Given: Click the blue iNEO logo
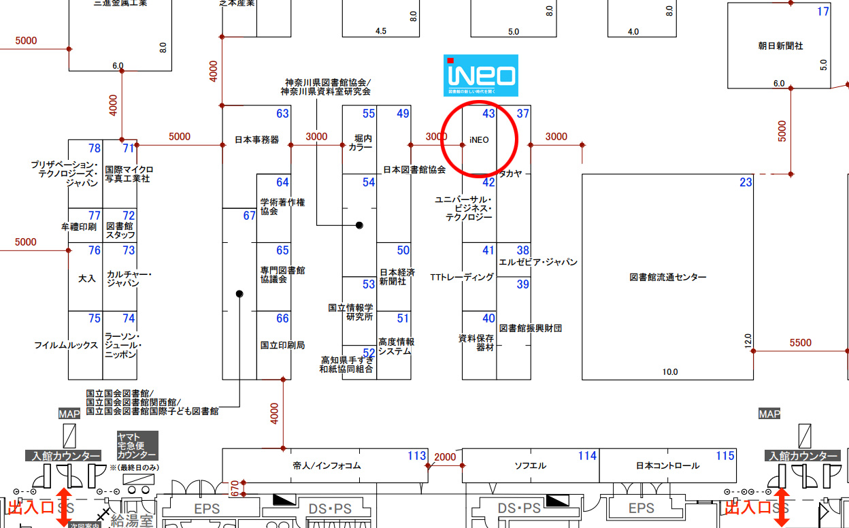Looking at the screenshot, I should coord(481,75).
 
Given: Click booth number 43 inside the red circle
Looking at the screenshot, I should coord(488,114).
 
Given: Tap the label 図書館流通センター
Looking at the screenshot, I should coord(667,277).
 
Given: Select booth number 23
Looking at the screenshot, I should coord(746,182).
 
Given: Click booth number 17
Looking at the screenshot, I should coord(823,12).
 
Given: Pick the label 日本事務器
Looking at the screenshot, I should coord(256,140).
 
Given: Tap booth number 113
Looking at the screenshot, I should coord(416,456).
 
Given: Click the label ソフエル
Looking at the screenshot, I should coord(530,466).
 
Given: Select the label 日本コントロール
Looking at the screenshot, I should coord(667,466).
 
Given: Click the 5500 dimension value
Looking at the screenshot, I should coord(800,343).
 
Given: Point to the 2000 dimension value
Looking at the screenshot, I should coord(445,457).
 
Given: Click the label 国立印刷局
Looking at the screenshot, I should coord(282,345).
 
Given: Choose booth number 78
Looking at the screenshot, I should coord(95,148).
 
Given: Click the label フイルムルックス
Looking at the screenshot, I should coord(66,346).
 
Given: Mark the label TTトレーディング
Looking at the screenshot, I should coord(462,278).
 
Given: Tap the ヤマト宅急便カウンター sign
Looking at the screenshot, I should coord(137,446).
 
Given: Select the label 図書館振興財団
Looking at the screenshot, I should coord(531,328).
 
